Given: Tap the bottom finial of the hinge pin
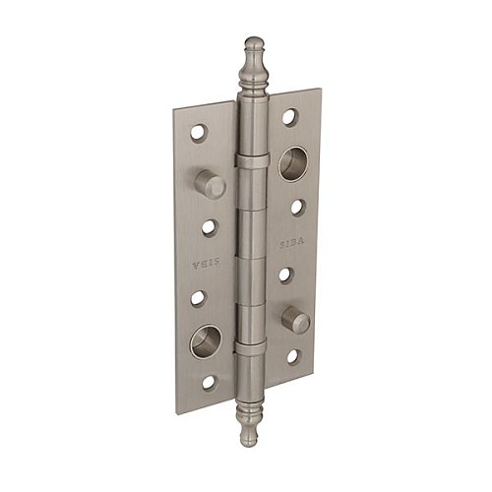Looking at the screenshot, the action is [x=248, y=423].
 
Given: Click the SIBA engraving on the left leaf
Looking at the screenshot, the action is [x=205, y=263].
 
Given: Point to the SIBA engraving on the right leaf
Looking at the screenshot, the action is [x=292, y=244].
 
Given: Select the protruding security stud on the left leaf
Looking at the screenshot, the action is [x=211, y=184].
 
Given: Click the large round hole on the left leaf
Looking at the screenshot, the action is [x=206, y=341].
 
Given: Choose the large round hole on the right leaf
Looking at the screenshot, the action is [x=293, y=163].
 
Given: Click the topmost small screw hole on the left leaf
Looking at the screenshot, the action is [x=199, y=133].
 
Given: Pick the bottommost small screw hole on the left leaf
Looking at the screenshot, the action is [x=210, y=382].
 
